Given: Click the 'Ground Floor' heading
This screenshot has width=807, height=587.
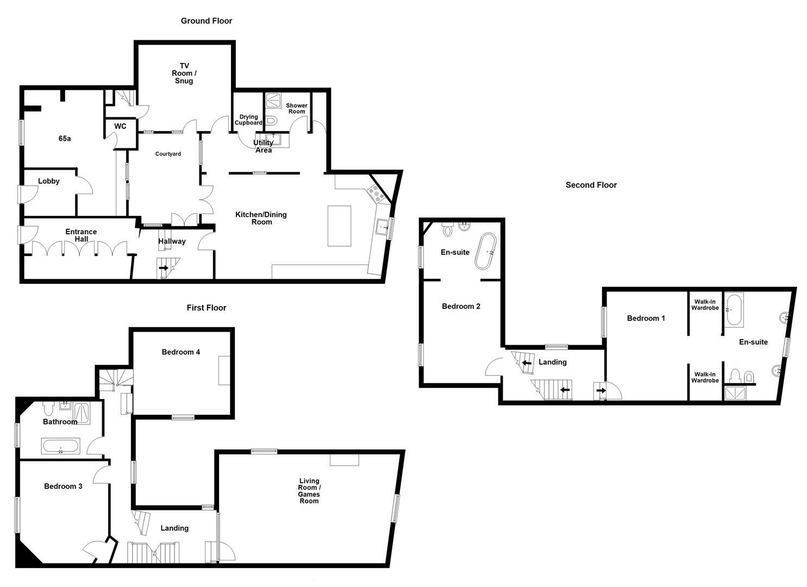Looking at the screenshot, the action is [x=207, y=21].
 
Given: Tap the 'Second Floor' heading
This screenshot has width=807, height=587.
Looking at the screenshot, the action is [x=591, y=185].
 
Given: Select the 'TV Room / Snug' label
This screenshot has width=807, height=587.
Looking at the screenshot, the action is [x=184, y=73].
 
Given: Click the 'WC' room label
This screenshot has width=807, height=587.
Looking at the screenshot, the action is [x=120, y=126].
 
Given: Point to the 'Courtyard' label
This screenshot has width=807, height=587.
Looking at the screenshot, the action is [x=168, y=154].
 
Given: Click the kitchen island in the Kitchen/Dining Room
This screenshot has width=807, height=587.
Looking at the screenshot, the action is [x=340, y=226].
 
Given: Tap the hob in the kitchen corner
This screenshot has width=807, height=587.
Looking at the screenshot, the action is [x=376, y=193].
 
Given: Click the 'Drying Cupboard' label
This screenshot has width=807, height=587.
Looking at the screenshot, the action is [x=248, y=120].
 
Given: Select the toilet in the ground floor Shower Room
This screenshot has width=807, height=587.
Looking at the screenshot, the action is [x=272, y=121].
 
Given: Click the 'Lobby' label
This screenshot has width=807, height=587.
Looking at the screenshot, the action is [x=49, y=181].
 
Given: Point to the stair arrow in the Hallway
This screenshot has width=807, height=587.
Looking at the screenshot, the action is [x=163, y=268].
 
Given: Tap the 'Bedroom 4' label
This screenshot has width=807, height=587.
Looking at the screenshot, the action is [x=181, y=352].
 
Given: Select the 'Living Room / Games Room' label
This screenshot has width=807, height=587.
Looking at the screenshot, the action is [x=309, y=490].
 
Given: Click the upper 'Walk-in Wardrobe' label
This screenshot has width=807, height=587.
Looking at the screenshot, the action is [x=705, y=304].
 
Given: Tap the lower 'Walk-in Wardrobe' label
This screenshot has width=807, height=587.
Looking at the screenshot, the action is [x=705, y=377].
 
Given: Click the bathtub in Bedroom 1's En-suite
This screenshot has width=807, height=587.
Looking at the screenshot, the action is [x=735, y=310].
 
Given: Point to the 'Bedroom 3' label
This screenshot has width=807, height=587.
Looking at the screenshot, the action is [x=63, y=486].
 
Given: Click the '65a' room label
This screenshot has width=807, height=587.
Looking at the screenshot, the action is [x=65, y=139].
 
